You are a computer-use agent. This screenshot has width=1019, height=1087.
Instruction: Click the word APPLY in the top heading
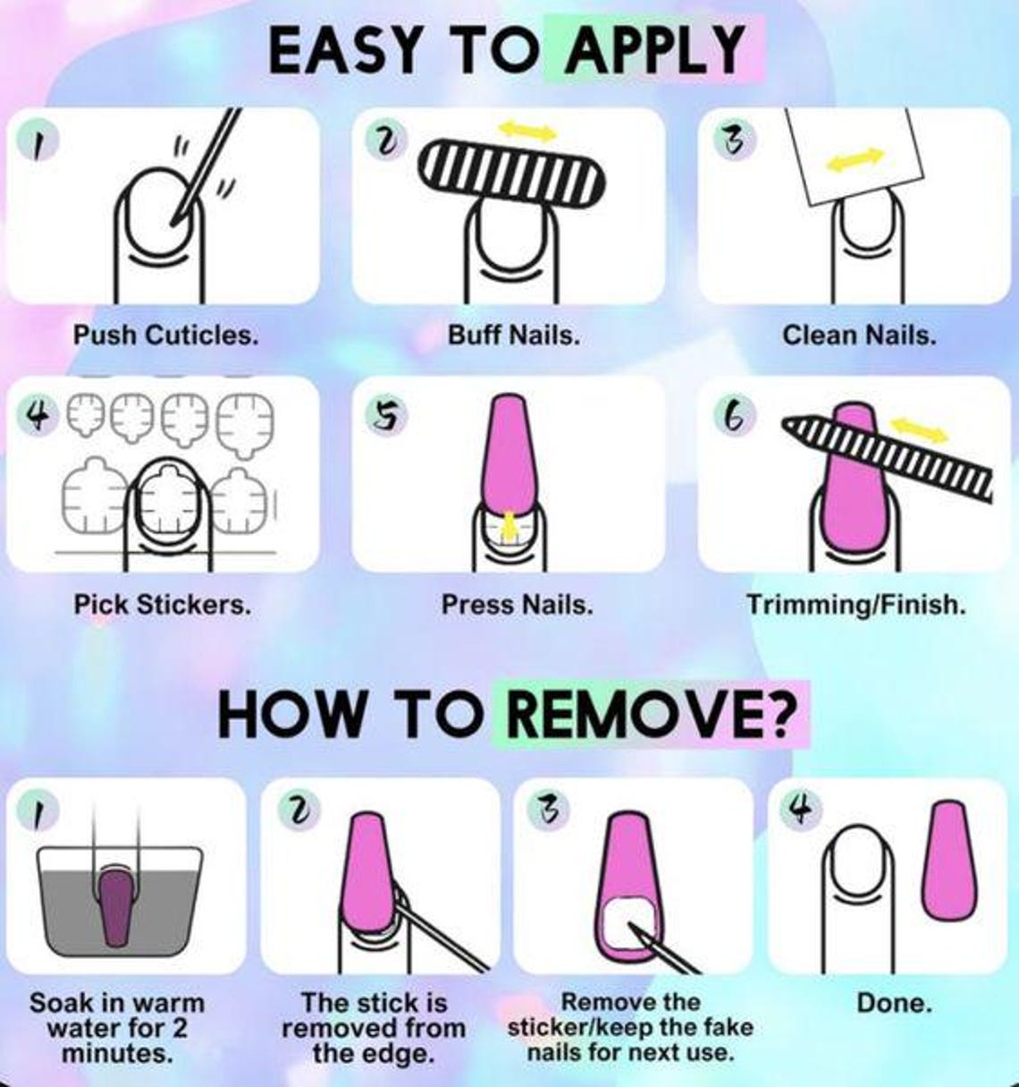(x=654, y=50)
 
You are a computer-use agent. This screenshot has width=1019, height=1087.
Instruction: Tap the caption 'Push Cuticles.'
(x=165, y=335)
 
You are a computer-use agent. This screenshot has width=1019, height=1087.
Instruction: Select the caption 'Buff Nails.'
(x=514, y=335)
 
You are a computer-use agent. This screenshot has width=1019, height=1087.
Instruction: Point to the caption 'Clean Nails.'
(x=859, y=335)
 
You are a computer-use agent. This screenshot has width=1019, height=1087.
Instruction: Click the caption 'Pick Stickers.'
(x=163, y=605)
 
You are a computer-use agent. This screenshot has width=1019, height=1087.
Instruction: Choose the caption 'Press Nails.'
(x=518, y=605)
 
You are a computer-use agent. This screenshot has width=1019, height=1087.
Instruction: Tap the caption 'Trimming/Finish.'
(x=856, y=605)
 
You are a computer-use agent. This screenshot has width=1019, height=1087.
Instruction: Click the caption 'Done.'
(x=894, y=1003)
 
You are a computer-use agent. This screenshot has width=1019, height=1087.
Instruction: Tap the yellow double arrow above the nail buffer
(x=527, y=132)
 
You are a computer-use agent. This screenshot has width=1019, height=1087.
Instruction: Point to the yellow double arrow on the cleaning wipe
(x=855, y=159)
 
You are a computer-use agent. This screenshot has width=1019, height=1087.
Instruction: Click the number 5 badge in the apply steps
(x=386, y=414)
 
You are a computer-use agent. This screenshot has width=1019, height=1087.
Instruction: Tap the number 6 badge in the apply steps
(x=735, y=414)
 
